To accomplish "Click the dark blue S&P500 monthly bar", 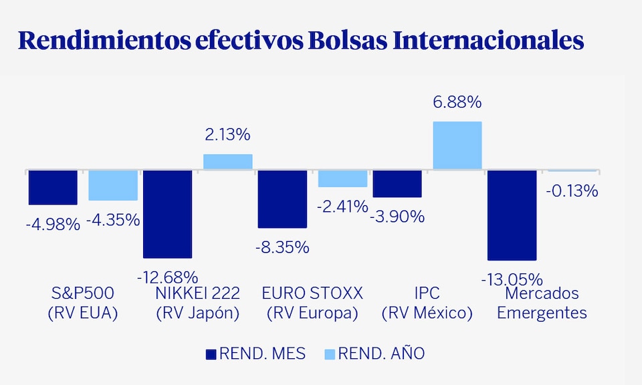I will tap(53, 186).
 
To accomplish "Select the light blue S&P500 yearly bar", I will tap(113, 184).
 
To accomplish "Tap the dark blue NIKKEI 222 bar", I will tap(168, 213).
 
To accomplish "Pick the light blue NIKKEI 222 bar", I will tap(228, 162).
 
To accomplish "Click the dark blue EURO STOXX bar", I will tap(282, 199).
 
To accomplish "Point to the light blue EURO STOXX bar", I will tap(342, 178).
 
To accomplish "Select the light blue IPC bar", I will tap(457, 145).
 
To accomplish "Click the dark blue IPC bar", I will tap(397, 183).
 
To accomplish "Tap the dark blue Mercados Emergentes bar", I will tap(512, 215).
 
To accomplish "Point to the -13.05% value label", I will tap(512, 279).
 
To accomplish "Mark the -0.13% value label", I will tap(572, 191).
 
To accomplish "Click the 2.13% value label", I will tap(227, 134).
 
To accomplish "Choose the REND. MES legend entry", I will tap(255, 354).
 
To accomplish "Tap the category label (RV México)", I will tap(427, 313).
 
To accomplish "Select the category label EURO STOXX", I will tap(312, 293).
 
